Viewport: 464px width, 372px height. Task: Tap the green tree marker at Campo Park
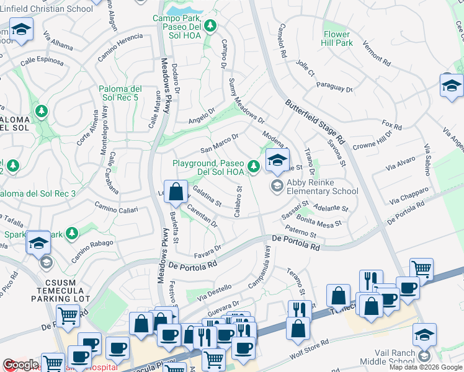(211, 25)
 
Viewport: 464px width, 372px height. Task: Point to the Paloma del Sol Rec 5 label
(125, 93)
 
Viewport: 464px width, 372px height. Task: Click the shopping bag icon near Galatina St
(176, 191)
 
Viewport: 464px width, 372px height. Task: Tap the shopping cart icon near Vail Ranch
(421, 269)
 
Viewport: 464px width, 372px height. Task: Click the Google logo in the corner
(20, 365)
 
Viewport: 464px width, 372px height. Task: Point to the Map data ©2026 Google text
(426, 367)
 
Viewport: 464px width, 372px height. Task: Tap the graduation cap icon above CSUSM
(38, 242)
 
